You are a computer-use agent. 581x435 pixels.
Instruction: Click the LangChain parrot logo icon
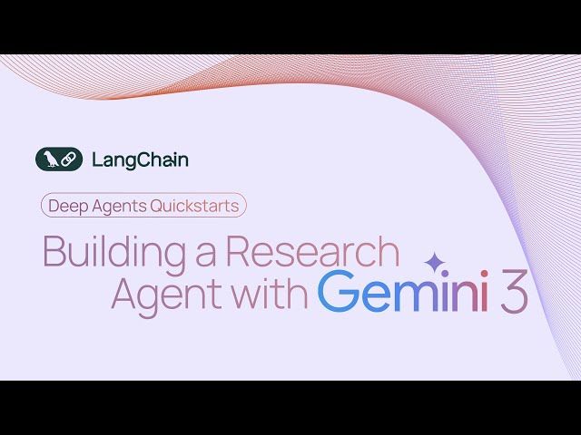point(59,159)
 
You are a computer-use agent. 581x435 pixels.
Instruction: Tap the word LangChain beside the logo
point(140,159)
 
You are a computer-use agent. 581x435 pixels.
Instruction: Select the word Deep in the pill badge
point(66,206)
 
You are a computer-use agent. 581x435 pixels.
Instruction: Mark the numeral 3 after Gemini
point(514,295)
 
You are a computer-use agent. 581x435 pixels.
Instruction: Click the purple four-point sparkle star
point(436,261)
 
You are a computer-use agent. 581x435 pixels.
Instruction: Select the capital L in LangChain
point(96,159)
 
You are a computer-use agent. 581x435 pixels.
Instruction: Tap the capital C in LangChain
point(142,159)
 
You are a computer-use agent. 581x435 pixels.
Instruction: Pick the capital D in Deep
point(54,206)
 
